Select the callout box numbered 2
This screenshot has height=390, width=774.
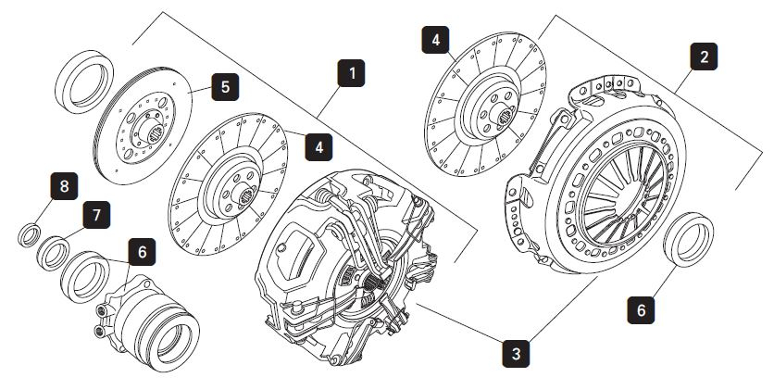click(x=705, y=57)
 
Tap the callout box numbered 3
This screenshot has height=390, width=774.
click(x=517, y=352)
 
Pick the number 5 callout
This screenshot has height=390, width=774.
click(x=223, y=89)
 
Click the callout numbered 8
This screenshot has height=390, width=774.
click(x=63, y=188)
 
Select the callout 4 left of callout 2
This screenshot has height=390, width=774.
click(x=435, y=41)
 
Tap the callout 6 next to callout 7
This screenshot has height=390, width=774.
click(x=141, y=250)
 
